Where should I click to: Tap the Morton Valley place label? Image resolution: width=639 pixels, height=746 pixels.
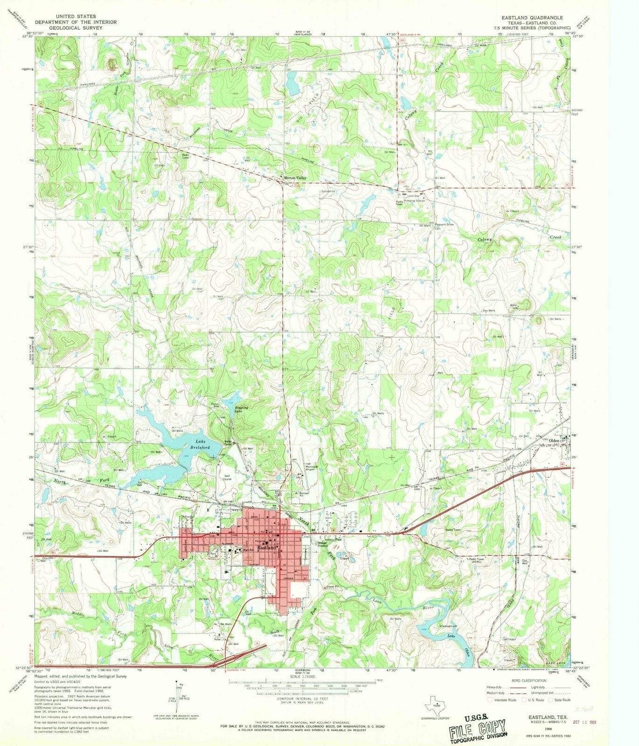[x=296, y=178]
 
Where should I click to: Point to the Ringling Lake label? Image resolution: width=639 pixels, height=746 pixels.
[x=238, y=411]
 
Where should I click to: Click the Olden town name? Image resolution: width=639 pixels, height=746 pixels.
[x=554, y=440]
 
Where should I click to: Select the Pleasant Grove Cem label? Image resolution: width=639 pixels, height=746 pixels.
[x=444, y=226]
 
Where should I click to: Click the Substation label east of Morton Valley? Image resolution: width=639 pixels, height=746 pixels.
[x=328, y=191]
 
